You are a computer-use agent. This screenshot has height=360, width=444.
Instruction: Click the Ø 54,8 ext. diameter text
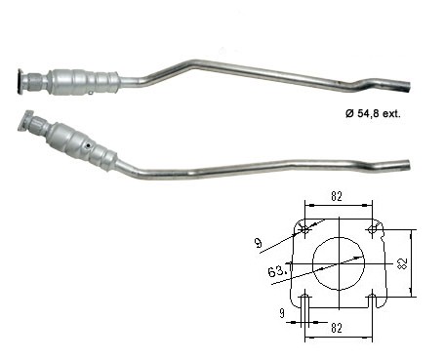pyautogui.click(x=373, y=113)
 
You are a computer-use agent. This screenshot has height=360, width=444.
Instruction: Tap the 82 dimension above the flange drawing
pyautogui.click(x=337, y=196)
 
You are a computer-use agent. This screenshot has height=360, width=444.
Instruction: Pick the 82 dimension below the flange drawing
pyautogui.click(x=337, y=328)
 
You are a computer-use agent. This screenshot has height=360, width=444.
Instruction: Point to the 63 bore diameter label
pyautogui.click(x=277, y=271)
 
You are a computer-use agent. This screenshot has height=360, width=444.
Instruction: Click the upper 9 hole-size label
pyautogui.click(x=258, y=243)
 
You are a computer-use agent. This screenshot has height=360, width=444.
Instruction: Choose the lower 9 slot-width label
pyautogui.click(x=282, y=313)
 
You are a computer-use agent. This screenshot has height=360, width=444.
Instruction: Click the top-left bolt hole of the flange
pyautogui.click(x=304, y=229)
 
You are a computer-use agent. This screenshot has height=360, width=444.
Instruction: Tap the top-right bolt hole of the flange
pyautogui.click(x=372, y=229)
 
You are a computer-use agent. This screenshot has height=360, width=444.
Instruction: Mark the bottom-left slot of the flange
pyautogui.click(x=305, y=300)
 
